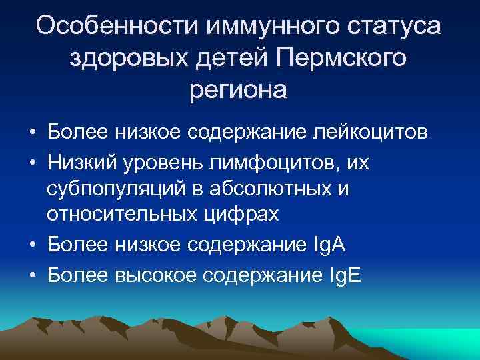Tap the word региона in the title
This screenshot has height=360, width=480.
pos(238,90)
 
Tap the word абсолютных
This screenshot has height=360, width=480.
pos(283,189)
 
